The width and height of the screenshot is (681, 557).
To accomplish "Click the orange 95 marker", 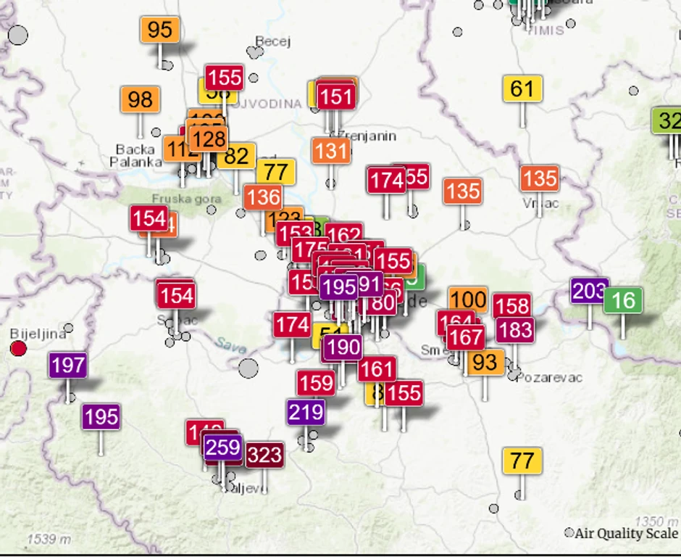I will click(159, 30).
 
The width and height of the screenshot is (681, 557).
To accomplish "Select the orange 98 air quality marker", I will click(140, 99).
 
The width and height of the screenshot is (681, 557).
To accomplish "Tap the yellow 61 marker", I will click(522, 88).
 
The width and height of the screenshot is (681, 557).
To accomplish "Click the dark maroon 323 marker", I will click(264, 455).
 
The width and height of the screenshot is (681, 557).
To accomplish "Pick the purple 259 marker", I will click(222, 447).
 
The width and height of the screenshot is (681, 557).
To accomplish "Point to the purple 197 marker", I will click(68, 365).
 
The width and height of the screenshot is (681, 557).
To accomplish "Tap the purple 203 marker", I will click(588, 292).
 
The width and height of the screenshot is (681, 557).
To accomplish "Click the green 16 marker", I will click(623, 300).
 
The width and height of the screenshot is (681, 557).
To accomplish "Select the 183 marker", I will click(515, 330).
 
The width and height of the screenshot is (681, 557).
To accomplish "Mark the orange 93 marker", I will click(485, 362).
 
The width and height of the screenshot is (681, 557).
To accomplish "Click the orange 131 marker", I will click(332, 151).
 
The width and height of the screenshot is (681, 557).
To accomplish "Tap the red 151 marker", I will click(335, 96).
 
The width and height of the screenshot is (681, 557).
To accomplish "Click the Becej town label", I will click(273, 41).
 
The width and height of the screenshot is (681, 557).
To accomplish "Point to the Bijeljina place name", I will click(38, 334).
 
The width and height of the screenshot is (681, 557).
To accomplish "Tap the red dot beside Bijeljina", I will click(18, 349).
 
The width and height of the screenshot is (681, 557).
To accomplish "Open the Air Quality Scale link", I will click(627, 534).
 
